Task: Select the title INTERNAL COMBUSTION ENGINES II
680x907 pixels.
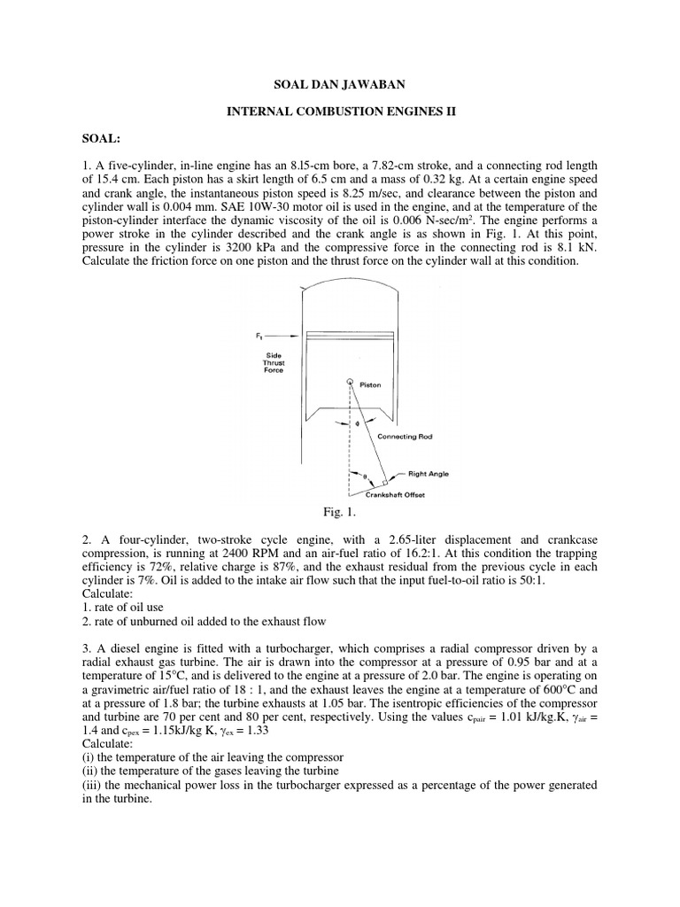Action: (x=340, y=112)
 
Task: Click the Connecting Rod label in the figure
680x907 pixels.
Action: (x=405, y=437)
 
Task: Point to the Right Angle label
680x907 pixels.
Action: (x=429, y=474)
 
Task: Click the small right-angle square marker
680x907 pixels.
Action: (x=384, y=483)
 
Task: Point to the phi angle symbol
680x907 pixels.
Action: (x=358, y=424)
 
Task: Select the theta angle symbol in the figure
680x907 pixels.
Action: (x=364, y=477)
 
